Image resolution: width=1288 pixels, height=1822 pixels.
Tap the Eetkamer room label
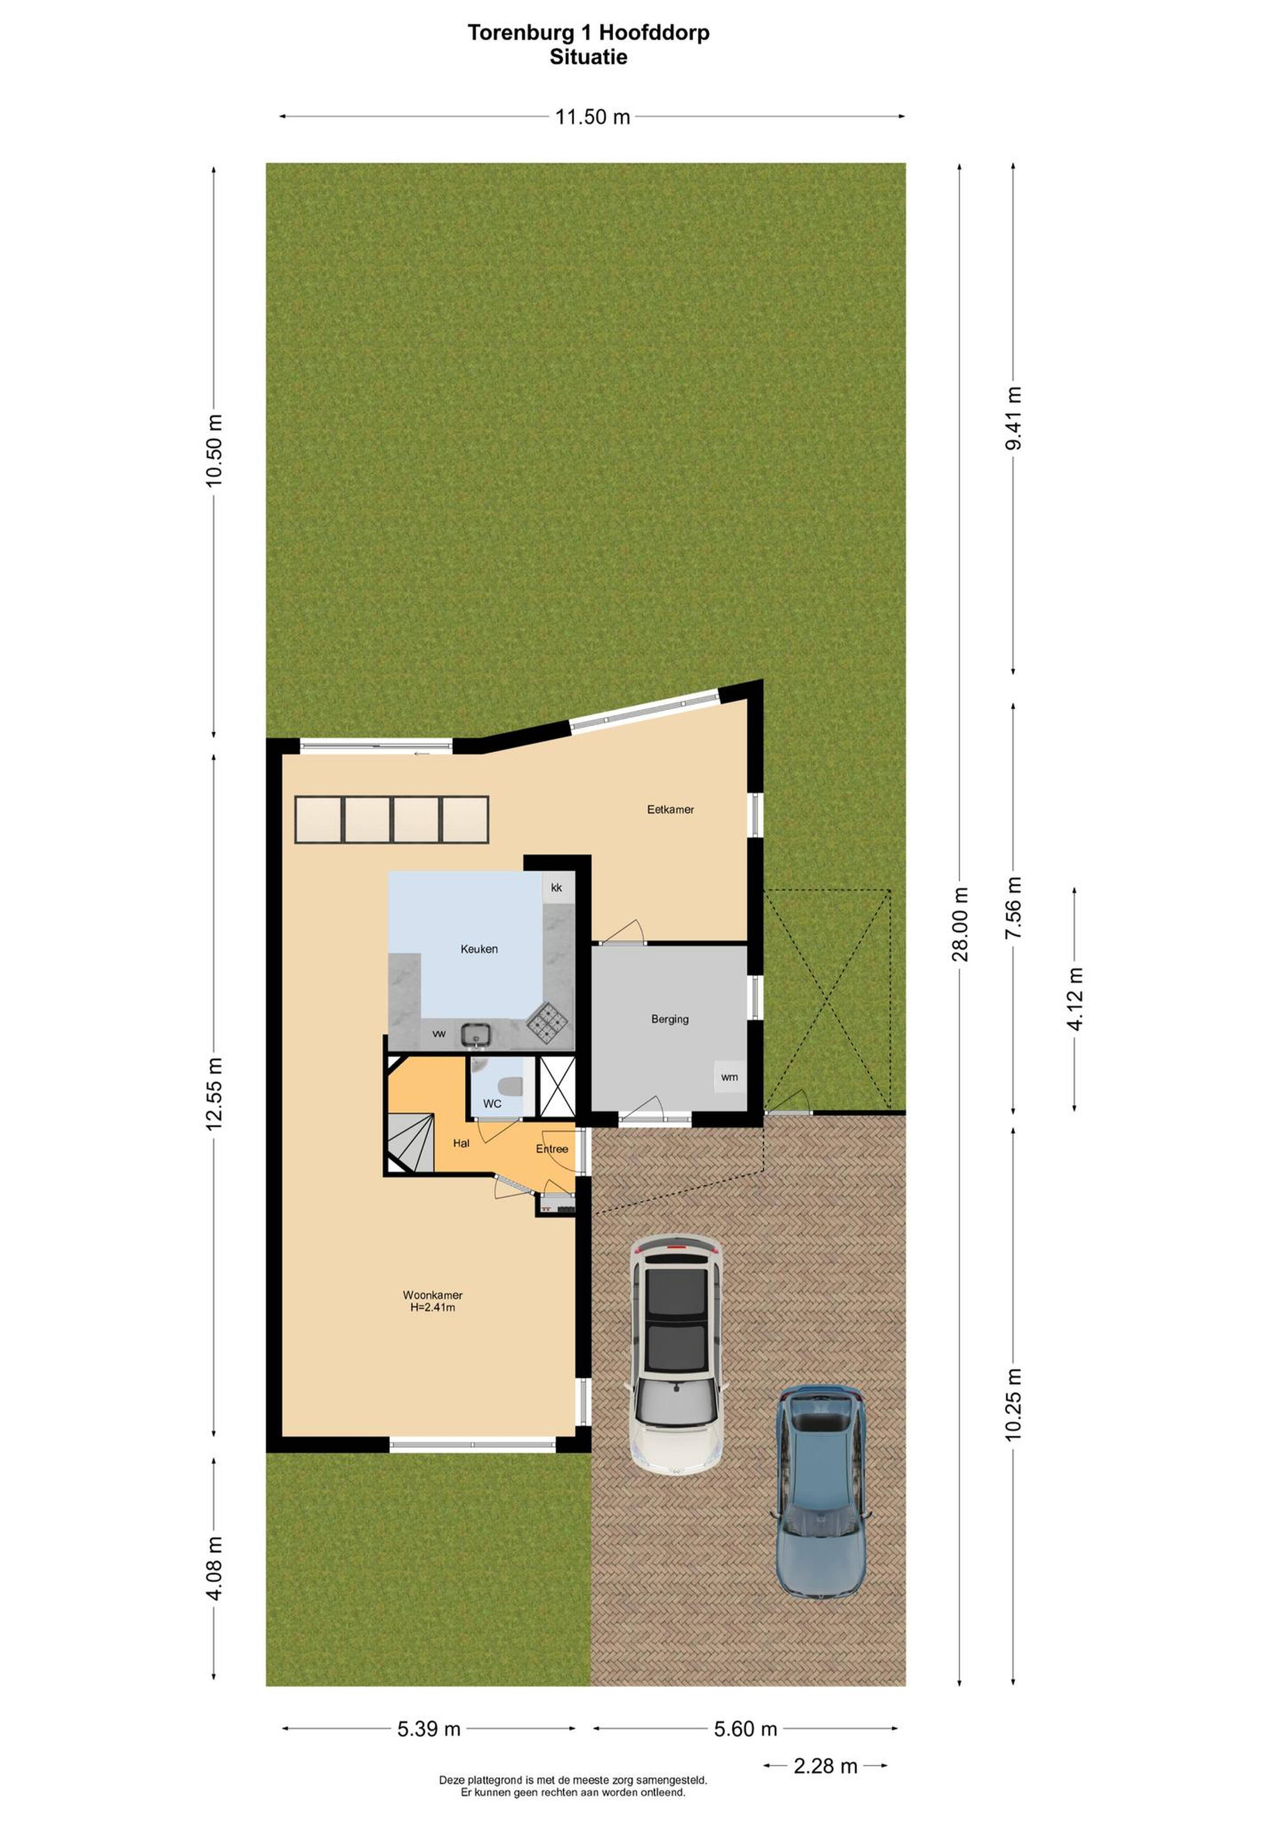(670, 810)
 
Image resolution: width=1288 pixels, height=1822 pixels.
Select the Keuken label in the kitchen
(479, 948)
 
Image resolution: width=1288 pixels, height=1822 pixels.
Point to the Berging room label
(670, 1019)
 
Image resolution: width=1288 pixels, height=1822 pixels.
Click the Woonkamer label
(432, 1295)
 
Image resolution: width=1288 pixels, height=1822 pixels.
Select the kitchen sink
(477, 1033)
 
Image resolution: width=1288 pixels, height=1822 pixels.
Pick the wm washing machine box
(729, 1077)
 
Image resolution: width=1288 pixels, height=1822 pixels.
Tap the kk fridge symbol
(556, 887)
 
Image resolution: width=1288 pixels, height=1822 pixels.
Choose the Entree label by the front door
(551, 1149)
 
